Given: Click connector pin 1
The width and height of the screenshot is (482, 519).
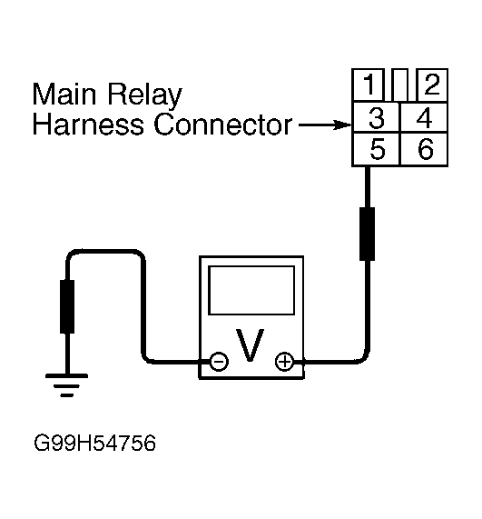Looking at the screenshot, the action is pos(368,85).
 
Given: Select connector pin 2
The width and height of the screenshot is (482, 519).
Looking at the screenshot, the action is pos(432,85).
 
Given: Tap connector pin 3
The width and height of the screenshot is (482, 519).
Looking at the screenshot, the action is pos(376,117).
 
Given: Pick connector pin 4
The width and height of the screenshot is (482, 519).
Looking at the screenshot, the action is pos(424,117).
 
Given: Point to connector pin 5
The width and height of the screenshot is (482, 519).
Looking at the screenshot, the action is pos(376,149).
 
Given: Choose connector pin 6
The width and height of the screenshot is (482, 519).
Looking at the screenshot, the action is pos(424,149).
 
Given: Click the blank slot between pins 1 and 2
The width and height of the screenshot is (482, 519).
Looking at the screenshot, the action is pos(399,85).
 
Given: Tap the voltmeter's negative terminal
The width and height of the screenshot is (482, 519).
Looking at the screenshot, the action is pos(219,361).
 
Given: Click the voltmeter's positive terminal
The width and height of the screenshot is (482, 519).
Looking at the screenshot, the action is pos(284,361).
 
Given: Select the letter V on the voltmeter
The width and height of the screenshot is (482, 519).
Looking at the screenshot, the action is pos(250,344).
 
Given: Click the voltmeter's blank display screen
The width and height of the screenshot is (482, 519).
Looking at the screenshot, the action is pos(251,290).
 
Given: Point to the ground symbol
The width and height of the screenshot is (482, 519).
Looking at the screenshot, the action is pos(67,385).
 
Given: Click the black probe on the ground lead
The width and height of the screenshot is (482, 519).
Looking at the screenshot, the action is pos(67,306).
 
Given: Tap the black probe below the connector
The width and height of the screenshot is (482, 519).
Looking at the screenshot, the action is pos(367,234).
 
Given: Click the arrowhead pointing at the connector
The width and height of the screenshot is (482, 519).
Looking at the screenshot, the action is pos(342,125).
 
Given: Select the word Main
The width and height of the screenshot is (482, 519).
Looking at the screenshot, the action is pos(64,94).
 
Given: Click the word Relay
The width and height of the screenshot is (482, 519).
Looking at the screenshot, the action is pos(144,96).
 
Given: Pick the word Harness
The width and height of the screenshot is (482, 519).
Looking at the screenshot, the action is pos(88,125).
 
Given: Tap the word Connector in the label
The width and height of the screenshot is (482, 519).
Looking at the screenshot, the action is pos(223,125).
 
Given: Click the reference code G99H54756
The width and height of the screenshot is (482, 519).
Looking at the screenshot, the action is pos(94,443).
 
